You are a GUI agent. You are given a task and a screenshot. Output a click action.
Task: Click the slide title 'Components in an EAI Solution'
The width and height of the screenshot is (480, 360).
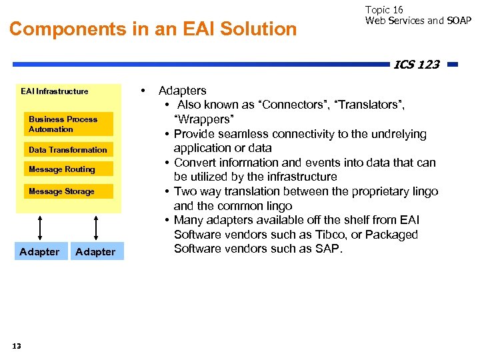coord(153,29)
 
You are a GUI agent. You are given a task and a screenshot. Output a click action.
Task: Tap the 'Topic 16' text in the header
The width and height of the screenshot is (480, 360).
coord(384,9)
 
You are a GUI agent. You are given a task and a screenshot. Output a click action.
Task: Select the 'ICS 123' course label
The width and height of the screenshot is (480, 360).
coord(416,65)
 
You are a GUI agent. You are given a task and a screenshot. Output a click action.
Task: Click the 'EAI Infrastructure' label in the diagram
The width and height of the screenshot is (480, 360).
coord(54,91)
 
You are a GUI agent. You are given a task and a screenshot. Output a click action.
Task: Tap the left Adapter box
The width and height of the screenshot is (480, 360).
coord(39,251)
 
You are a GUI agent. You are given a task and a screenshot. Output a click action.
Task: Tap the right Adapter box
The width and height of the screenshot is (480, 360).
coord(95,251)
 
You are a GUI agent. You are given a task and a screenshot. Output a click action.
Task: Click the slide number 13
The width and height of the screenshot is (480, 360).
coord(17,345)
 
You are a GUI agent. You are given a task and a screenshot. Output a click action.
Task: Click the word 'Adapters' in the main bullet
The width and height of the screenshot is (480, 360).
coord(182,91)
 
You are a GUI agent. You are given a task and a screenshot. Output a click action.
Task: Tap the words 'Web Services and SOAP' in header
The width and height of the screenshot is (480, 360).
coord(418,21)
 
